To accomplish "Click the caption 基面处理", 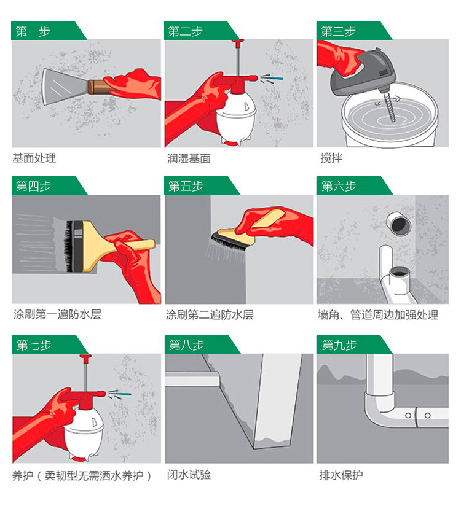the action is click(34, 158).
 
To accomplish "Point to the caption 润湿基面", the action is click(189, 158).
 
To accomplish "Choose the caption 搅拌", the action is click(331, 158).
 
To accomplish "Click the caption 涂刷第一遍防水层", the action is click(57, 314).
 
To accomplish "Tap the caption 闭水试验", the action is click(189, 475).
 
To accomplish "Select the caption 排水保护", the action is click(341, 475).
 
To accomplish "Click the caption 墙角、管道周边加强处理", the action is click(378, 314).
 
